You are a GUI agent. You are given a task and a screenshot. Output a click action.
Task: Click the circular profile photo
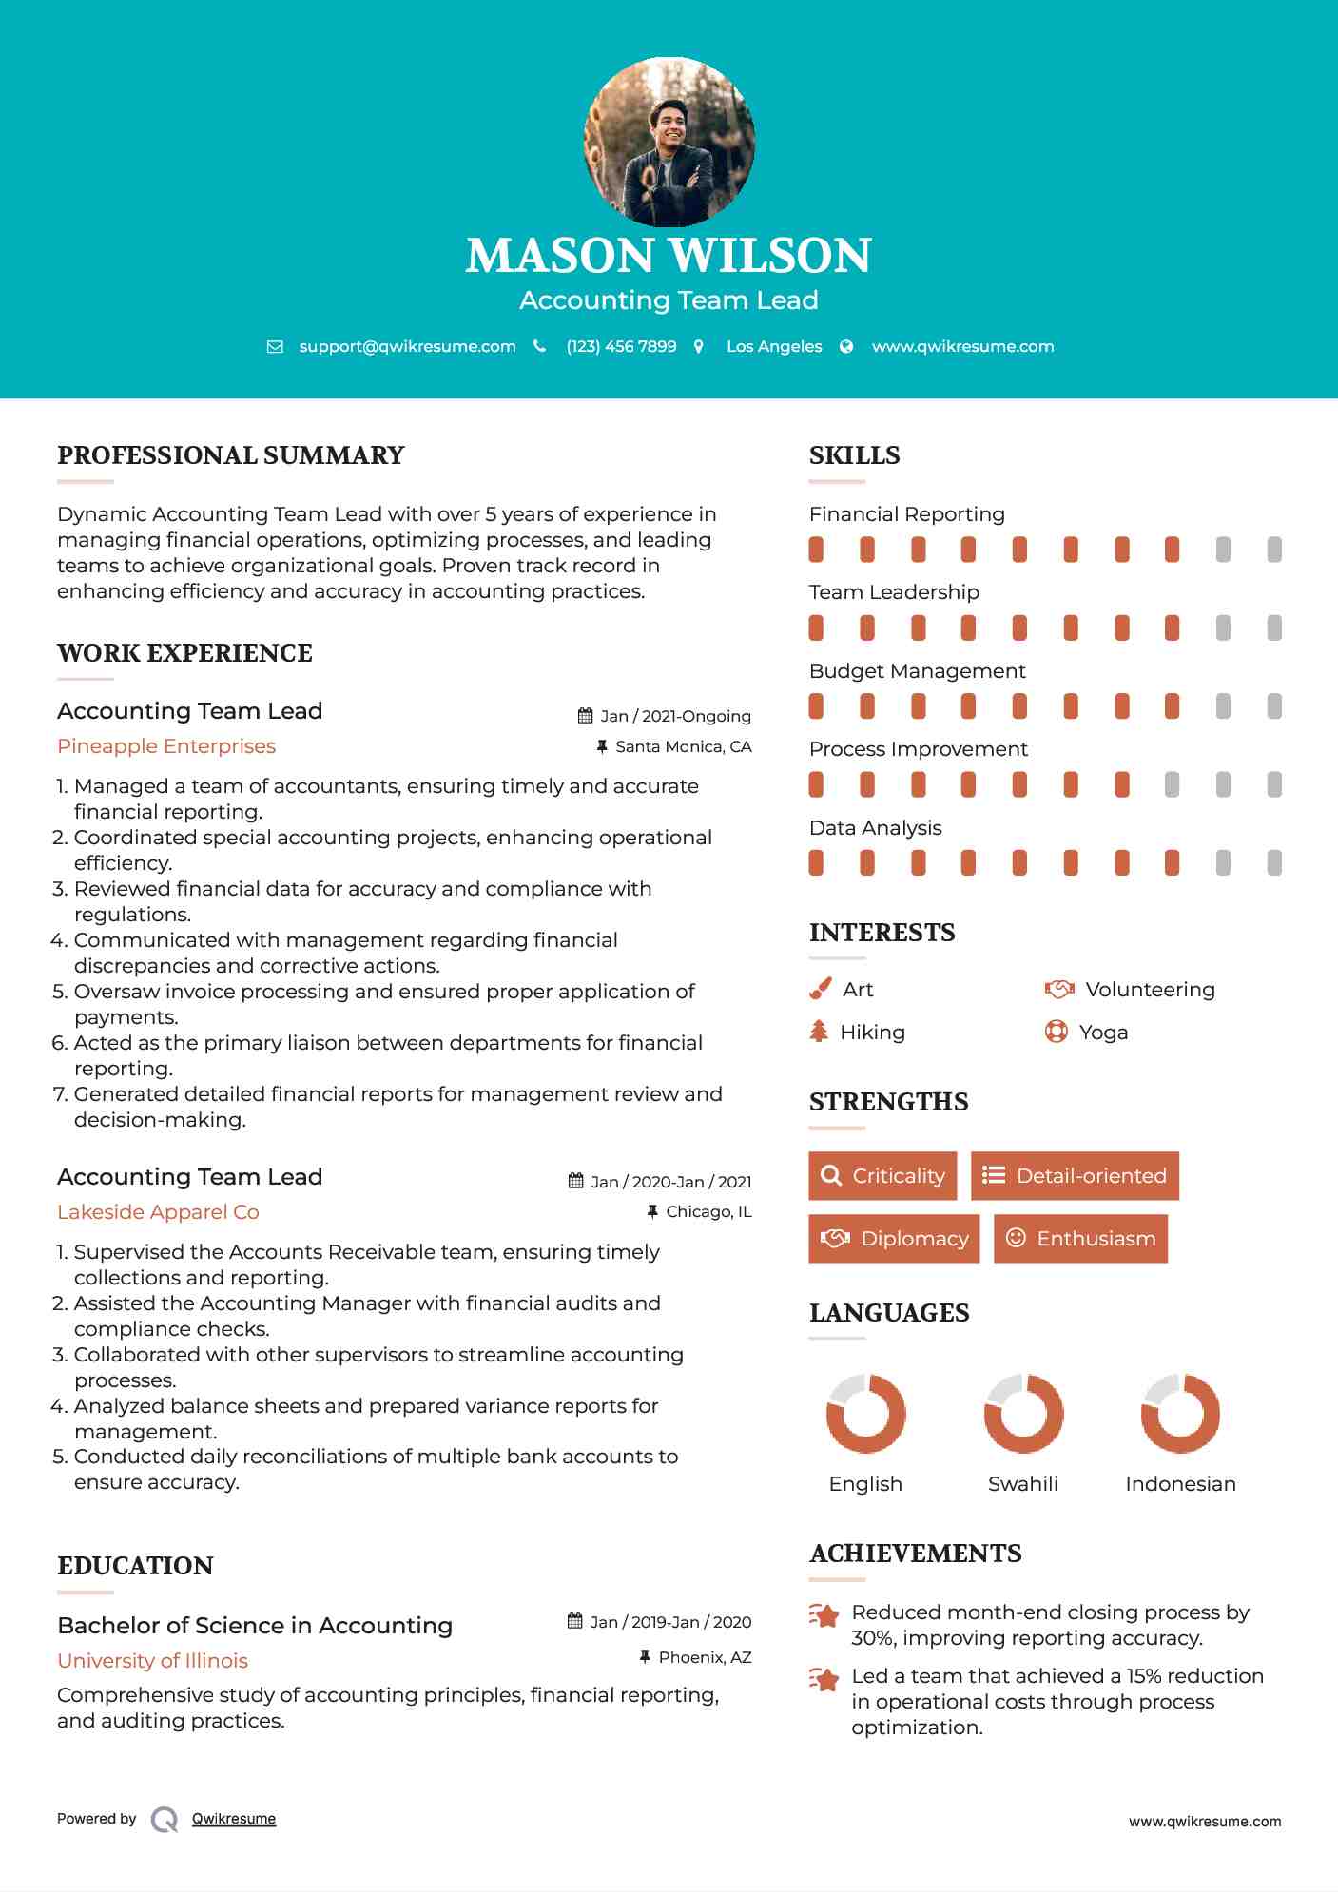click(669, 143)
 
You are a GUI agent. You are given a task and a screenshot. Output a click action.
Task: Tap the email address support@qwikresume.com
click(407, 346)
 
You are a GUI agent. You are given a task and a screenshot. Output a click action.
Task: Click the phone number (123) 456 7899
click(621, 346)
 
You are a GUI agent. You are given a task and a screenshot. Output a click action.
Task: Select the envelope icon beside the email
click(275, 347)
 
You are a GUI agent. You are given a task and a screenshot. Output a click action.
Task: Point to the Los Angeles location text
click(774, 346)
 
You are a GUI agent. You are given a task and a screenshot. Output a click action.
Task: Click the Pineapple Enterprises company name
click(166, 746)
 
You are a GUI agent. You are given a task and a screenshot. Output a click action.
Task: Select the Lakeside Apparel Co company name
click(158, 1212)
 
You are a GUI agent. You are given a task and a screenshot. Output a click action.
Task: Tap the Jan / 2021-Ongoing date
click(675, 716)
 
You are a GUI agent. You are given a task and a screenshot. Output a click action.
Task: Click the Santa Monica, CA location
click(683, 746)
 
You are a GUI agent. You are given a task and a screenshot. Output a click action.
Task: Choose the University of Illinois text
click(152, 1661)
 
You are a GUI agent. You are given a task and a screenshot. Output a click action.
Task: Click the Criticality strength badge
click(882, 1176)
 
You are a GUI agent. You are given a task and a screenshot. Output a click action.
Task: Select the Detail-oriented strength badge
click(1075, 1176)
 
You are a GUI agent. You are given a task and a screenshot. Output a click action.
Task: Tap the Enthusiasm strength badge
click(1080, 1239)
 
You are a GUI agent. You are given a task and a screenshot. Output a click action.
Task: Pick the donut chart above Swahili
click(1023, 1414)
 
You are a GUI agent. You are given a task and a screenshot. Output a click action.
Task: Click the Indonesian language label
click(1180, 1484)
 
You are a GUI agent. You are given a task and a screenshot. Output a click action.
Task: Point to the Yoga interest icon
click(1056, 1032)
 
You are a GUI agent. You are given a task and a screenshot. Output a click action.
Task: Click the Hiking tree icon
click(819, 1032)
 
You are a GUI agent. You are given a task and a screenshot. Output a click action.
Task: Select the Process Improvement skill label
click(918, 749)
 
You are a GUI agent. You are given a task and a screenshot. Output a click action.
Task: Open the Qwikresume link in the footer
click(234, 1819)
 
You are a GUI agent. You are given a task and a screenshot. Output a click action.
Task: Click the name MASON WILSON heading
click(669, 256)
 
